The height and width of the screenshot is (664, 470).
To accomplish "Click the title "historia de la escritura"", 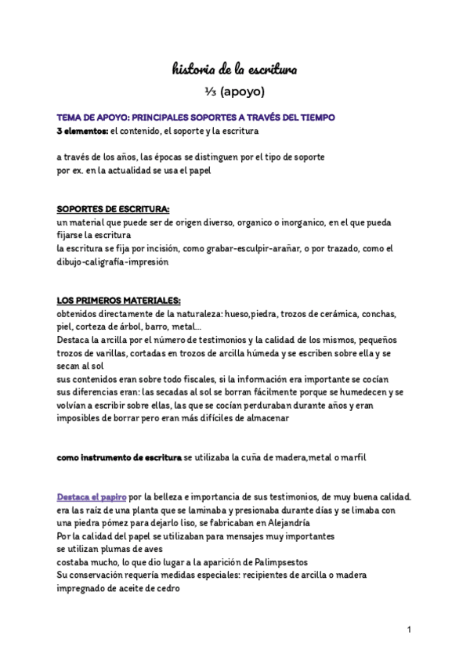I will [x=235, y=70].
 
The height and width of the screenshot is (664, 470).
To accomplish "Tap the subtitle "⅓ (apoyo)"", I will [x=235, y=92].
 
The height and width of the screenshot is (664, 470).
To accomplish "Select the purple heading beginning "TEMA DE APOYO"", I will [x=196, y=117].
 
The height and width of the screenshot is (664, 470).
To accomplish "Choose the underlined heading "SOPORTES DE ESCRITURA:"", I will [x=113, y=209].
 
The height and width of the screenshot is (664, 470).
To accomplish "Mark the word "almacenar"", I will [x=266, y=418].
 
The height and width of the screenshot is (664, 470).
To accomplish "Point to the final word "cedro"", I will [x=166, y=589].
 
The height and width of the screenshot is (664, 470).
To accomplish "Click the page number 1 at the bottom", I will [x=410, y=630].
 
